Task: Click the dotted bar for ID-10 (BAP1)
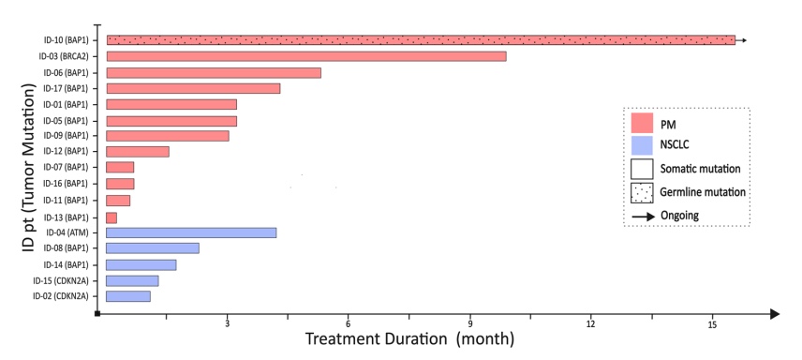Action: (421, 40)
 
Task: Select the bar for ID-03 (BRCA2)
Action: (306, 56)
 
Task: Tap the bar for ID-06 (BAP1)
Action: (214, 72)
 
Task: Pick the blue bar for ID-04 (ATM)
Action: (191, 232)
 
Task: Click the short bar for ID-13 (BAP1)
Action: (111, 217)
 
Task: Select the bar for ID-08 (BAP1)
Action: (153, 248)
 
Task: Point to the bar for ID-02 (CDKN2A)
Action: (128, 296)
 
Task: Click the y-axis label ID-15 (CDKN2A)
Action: (60, 280)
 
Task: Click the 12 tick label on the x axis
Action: (590, 323)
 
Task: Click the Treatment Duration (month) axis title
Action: (409, 338)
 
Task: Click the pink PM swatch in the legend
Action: (642, 123)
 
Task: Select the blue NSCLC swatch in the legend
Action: (642, 145)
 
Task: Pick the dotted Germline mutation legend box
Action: (642, 192)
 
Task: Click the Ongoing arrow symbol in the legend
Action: (642, 216)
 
